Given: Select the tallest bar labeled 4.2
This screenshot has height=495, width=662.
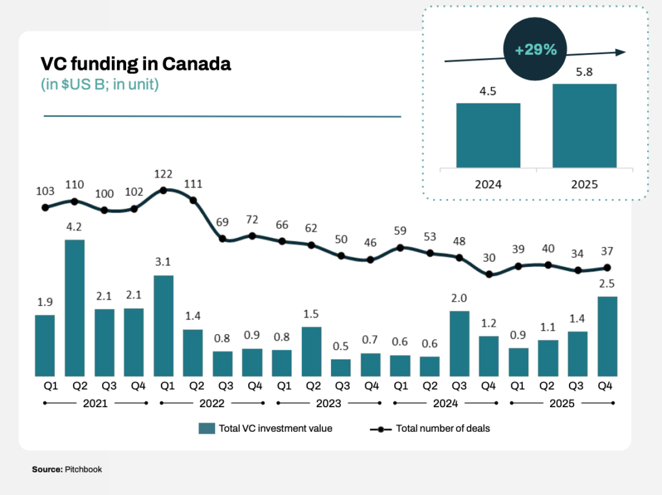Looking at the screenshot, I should (74, 308).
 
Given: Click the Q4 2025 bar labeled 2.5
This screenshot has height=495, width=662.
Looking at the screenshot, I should (607, 336).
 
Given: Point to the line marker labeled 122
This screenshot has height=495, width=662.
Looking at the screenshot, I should (164, 190).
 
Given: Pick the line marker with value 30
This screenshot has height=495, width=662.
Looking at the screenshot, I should (489, 274).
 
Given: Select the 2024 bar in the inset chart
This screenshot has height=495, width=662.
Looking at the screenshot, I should (488, 136).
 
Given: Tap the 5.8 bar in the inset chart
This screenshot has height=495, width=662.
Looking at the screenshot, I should (584, 126).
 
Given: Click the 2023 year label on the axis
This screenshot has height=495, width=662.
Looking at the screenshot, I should (328, 403).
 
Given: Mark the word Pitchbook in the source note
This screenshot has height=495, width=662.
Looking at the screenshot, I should (83, 470).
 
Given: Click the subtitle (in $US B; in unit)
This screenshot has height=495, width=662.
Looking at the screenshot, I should (100, 85).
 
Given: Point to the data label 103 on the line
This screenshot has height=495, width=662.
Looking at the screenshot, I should (45, 192).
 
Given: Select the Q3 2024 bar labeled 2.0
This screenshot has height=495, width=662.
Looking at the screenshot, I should (459, 343).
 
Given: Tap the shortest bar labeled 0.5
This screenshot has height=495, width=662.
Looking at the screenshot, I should (341, 368).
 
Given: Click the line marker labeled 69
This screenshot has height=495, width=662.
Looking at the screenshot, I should (223, 238).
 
